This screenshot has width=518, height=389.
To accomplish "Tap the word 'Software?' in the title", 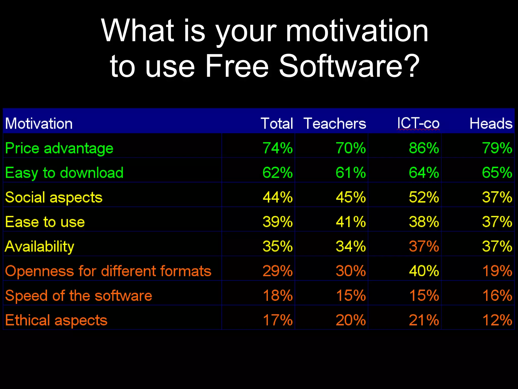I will pos(349,66).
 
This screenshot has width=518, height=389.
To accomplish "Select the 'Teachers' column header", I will pos(335,124).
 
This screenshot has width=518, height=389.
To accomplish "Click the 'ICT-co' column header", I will pos(418,124).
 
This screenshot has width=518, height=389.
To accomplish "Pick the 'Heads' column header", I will pos(491,124).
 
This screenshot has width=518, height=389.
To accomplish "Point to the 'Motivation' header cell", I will pos(39,124).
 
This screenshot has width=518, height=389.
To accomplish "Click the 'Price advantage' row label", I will pos(59,148).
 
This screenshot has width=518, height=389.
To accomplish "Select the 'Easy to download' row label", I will pos(64,173).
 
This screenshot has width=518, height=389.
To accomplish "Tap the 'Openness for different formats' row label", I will pos(108,271).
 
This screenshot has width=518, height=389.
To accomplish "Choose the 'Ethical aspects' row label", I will pos(56,320).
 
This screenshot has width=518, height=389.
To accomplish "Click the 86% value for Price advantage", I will pos(424,148).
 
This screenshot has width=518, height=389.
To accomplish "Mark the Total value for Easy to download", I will pos(277,173).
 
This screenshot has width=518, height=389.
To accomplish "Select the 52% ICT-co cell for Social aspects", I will pos(424,197).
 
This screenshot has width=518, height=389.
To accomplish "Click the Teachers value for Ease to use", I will pos(351,222).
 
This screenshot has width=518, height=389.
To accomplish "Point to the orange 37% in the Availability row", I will pos(424,246).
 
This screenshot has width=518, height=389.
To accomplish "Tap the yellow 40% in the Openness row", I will pos(424,271).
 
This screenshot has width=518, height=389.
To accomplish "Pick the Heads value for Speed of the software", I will pos(497,296).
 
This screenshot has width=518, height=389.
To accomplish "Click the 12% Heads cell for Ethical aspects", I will pos(497,320).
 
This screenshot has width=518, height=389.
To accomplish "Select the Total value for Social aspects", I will pos(277,197).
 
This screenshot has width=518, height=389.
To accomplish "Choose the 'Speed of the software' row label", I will pos(78,296).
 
